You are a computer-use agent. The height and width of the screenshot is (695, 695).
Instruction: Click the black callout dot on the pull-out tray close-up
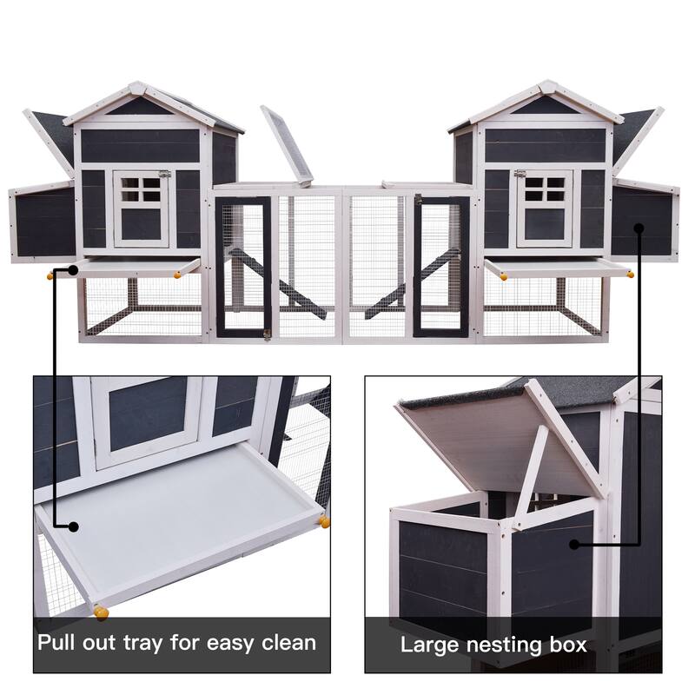[74, 526]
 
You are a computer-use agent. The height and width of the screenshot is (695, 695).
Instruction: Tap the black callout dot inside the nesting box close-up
[573, 545]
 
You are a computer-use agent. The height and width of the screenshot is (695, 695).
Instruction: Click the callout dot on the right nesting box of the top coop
[639, 228]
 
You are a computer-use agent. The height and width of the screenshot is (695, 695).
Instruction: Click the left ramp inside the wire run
[276, 279]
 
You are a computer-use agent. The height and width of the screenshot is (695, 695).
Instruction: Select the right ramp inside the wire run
[412, 279]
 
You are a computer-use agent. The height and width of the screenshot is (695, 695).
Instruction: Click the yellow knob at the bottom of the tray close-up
[102, 612]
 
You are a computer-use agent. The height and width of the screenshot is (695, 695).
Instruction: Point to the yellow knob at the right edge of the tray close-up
[324, 521]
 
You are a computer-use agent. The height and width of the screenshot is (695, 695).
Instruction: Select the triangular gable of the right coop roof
[544, 106]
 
